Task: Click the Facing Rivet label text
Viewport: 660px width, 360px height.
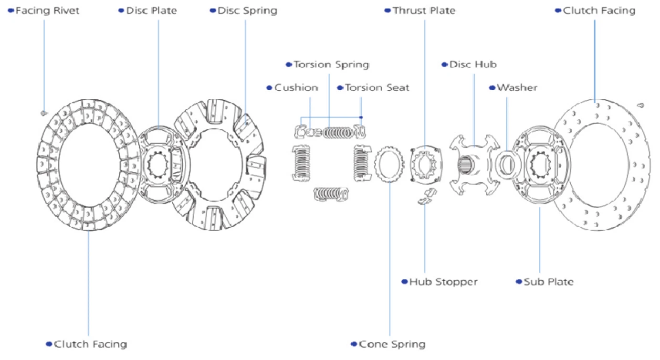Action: point(47,11)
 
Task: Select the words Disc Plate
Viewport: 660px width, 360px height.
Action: point(151,11)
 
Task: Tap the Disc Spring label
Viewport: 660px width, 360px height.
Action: point(247,11)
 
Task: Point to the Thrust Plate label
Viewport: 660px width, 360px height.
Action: point(424,11)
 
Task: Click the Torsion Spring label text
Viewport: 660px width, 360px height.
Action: point(331,64)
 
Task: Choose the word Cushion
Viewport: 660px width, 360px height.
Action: point(296,88)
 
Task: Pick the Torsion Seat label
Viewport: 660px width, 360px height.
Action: point(377,88)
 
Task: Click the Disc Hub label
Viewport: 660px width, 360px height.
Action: point(473,64)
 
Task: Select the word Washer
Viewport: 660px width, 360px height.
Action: point(517,88)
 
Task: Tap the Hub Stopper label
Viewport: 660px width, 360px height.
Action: point(443,282)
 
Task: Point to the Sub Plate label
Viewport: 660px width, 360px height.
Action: point(548,282)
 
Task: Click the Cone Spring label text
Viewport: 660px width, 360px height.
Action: point(392,344)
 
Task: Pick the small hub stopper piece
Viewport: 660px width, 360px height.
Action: point(427,196)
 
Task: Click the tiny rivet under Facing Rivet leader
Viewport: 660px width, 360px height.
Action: point(43,113)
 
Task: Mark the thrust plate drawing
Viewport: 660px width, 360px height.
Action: point(426,163)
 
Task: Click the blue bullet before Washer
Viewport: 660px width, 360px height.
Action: point(492,88)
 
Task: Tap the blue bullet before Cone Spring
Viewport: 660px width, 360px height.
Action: point(354,344)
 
